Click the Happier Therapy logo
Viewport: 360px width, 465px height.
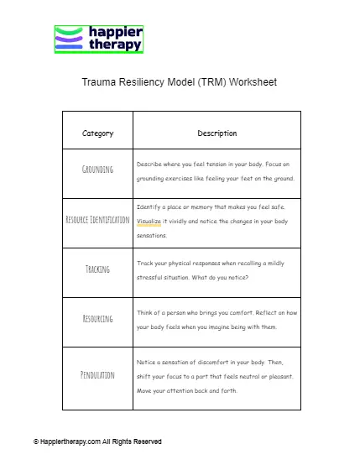[99, 39]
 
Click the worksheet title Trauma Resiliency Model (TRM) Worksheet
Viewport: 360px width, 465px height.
[179, 83]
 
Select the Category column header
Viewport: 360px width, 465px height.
[97, 133]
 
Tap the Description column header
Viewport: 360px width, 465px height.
[217, 133]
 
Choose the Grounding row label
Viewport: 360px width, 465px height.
[97, 170]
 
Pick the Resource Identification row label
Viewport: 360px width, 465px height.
[97, 220]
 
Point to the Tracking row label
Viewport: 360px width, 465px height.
[97, 269]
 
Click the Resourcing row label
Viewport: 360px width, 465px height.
[97, 320]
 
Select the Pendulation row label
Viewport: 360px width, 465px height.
[97, 374]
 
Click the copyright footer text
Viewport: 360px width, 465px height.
[97, 441]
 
